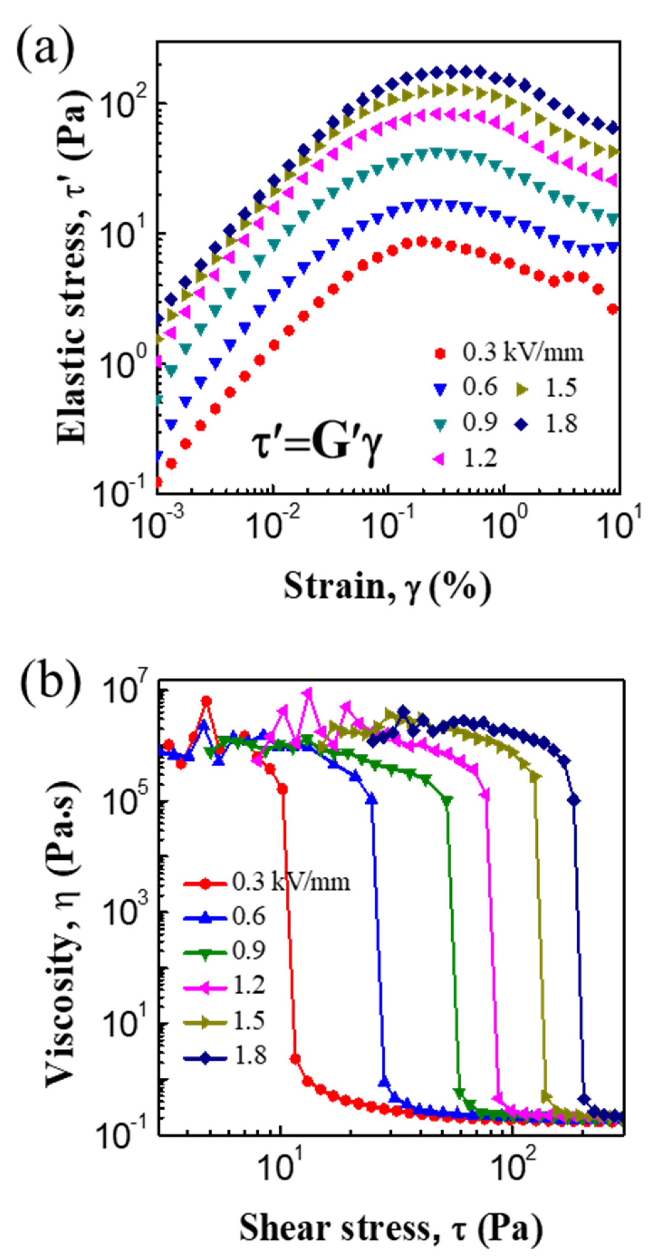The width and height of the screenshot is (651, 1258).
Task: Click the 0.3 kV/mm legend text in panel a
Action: pyautogui.click(x=522, y=352)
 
